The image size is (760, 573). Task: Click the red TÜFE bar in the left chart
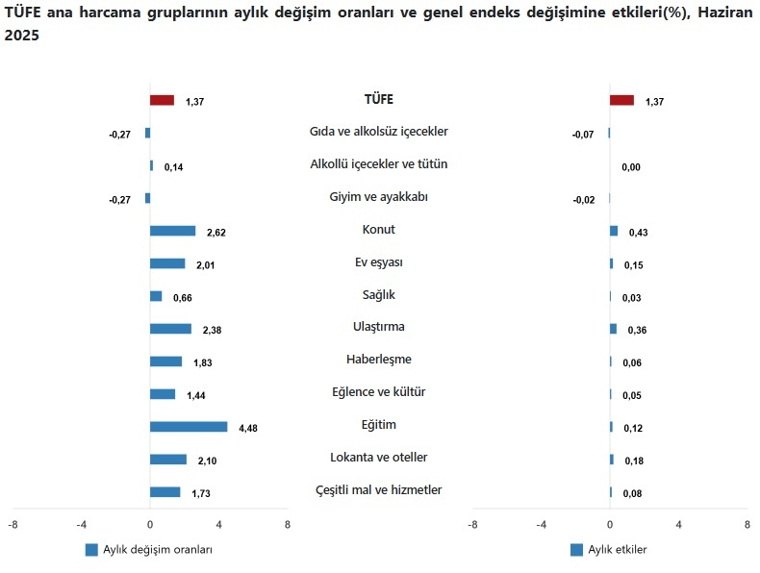[162, 100]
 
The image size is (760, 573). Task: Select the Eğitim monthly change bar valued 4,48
[189, 427]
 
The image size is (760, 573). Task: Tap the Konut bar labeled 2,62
[172, 231]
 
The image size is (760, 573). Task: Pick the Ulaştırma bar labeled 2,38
[170, 329]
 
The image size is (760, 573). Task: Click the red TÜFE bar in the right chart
[621, 100]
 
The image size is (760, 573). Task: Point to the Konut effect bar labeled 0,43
[614, 231]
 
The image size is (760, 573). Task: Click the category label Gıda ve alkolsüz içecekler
[378, 132]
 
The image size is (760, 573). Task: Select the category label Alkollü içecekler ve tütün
[378, 164]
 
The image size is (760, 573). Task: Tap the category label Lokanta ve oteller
[378, 458]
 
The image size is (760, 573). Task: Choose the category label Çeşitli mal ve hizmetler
[378, 490]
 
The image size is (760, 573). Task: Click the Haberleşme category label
[378, 360]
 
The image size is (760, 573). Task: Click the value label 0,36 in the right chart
[637, 331]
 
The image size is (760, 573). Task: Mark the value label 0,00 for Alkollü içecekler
[631, 167]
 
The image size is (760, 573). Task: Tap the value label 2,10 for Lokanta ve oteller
[207, 461]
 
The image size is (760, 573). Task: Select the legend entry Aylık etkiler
[617, 550]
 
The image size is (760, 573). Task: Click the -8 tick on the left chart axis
[13, 525]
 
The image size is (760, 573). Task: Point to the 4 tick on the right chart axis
[678, 525]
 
